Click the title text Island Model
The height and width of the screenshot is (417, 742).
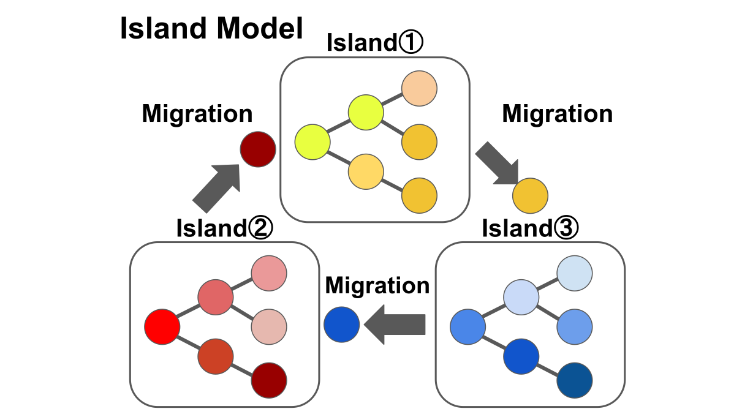coord(211,29)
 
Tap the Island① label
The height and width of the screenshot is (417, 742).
coord(375,43)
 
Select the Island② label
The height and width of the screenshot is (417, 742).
coord(224,228)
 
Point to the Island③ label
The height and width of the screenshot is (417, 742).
coord(530,228)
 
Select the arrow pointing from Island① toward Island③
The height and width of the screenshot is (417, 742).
coord(497,162)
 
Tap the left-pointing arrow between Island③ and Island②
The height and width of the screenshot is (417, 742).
coord(395,325)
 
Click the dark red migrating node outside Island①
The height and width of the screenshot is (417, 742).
coord(258,149)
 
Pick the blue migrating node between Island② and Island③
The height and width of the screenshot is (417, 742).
coord(341,325)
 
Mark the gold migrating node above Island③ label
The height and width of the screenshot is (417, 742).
coord(530,195)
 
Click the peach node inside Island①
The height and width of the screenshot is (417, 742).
coord(419,88)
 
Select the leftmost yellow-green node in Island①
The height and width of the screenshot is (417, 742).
coord(312,141)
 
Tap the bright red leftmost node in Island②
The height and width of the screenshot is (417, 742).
coord(162,326)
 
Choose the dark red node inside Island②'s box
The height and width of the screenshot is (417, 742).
coord(270,380)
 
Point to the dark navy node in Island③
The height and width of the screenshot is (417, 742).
coord(575,380)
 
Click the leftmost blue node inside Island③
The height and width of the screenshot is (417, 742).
coord(468,326)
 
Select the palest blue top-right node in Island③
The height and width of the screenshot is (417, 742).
coord(575,272)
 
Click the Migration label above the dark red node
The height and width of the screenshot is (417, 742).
coord(197,114)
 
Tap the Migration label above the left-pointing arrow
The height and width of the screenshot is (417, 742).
coord(377,285)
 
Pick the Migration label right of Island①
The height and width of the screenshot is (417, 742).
coord(558,114)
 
